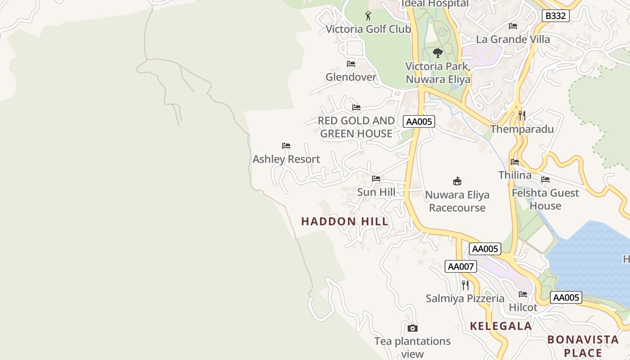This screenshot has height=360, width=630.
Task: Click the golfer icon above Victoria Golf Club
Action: pos(368,16)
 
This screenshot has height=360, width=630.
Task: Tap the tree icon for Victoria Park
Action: pos(437,53)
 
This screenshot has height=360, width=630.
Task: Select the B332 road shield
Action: pos(555,16)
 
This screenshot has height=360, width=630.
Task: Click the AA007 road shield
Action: pos(460,266)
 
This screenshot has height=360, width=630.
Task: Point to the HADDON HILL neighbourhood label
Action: pos(345,221)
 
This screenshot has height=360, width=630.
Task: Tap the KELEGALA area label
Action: pos(501,326)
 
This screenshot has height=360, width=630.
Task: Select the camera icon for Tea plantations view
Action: pos(412,328)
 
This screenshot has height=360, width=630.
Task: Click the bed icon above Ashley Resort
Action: pos(286,146)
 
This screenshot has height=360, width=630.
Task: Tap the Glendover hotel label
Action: pos(351,77)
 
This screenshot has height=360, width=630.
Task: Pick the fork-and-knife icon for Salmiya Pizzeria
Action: pos(465,285)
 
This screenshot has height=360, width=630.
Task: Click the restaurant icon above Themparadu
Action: pos(522,116)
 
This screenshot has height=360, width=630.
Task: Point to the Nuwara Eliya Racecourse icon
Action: pos(457,181)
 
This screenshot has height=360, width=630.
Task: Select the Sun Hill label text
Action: pos(376,192)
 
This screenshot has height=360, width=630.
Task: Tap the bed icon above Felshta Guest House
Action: pos(545,180)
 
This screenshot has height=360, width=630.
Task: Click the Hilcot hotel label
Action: pos(523,307)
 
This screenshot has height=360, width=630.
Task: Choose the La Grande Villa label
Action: pos(513,39)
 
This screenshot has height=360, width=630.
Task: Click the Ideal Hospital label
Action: pos(435,4)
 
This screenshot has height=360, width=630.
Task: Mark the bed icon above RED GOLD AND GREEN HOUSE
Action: pos(356,108)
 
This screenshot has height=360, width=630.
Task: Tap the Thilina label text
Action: pos(515,175)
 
